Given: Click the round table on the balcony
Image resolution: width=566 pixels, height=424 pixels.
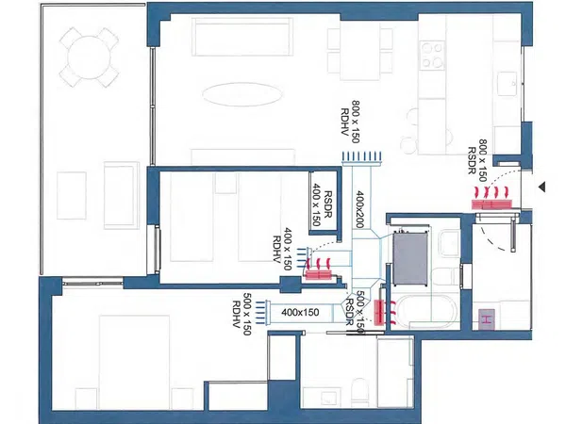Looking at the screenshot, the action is click(89, 57).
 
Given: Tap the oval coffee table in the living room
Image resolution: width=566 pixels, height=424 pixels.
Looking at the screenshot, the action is click(241, 94).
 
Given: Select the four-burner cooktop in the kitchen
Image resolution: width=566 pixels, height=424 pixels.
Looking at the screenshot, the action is click(432, 56).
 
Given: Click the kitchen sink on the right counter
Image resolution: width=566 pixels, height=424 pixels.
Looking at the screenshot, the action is click(509, 84).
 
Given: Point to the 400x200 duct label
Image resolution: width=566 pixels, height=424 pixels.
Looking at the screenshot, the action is click(360, 209).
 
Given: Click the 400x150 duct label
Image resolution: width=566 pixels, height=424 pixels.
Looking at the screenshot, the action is click(300, 312).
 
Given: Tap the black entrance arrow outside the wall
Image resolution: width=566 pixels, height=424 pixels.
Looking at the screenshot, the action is click(541, 187).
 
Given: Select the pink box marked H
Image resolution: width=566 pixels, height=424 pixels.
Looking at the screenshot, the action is click(487, 319).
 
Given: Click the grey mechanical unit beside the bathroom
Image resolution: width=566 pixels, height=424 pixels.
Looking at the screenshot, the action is click(410, 258).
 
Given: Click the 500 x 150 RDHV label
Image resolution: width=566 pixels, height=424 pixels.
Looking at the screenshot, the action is click(241, 314).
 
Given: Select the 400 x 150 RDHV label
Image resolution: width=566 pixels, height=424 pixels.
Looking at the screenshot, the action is click(282, 249).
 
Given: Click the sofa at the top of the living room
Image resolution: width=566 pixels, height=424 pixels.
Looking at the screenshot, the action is click(241, 37).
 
